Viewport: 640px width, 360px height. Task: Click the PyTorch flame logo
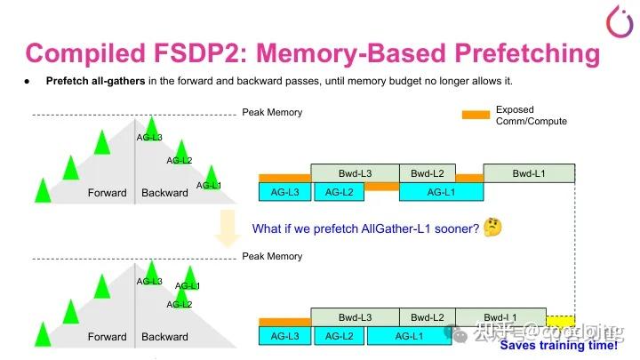pyautogui.click(x=616, y=20)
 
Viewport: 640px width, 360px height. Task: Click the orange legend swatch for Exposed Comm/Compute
pyautogui.click(x=476, y=115)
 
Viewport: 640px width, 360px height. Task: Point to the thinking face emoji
pyautogui.click(x=493, y=228)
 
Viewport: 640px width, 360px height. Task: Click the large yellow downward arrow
pyautogui.click(x=228, y=228)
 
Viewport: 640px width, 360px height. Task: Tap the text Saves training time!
pyautogui.click(x=557, y=345)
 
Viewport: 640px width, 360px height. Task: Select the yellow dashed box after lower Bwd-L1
pyautogui.click(x=559, y=318)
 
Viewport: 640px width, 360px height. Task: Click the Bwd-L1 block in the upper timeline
pyautogui.click(x=529, y=172)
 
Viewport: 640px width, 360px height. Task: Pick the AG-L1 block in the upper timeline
pyautogui.click(x=441, y=191)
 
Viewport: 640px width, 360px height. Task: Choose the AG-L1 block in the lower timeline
pyautogui.click(x=408, y=335)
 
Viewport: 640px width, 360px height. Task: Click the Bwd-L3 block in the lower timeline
pyautogui.click(x=355, y=317)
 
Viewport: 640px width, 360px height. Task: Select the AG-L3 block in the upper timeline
pyautogui.click(x=284, y=191)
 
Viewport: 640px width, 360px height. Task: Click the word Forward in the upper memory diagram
pyautogui.click(x=107, y=193)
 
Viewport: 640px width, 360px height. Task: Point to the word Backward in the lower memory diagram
pyautogui.click(x=164, y=337)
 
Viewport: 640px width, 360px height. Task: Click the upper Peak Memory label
pyautogui.click(x=272, y=113)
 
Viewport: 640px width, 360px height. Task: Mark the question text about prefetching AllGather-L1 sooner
pyautogui.click(x=365, y=228)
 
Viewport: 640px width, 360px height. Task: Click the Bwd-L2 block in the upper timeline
pyautogui.click(x=427, y=172)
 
